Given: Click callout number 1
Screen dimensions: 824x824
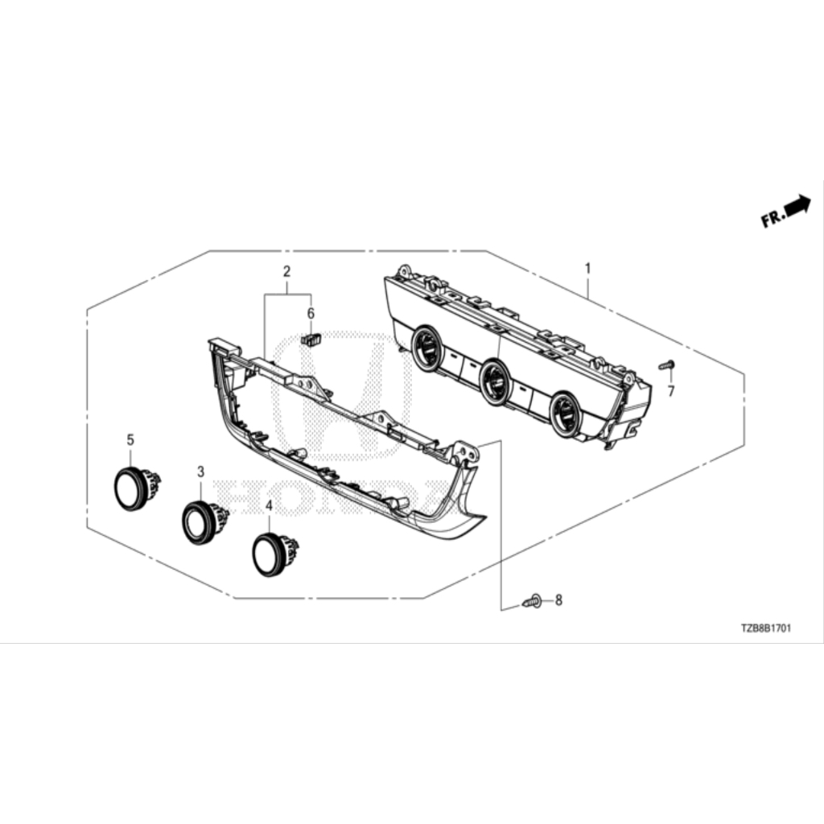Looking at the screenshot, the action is coord(588,269).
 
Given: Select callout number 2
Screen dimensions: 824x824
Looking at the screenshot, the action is coord(286,272).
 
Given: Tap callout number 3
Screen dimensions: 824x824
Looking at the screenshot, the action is coord(200,472).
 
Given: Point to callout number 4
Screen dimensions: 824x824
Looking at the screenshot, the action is coord(269,506).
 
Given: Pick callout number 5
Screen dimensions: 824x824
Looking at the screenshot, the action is coord(130,440).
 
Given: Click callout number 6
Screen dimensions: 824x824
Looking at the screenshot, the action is coord(311,314).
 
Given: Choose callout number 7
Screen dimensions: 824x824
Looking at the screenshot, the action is coord(671,392).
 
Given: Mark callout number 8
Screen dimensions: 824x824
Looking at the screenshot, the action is coord(558,599).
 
